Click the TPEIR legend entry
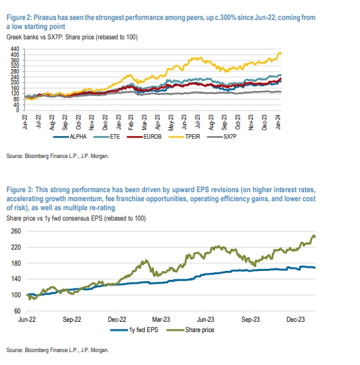[x=184, y=137]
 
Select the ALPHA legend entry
[x=70, y=137]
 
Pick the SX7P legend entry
[x=222, y=137]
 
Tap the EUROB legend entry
[x=144, y=137]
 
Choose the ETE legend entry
[x=107, y=137]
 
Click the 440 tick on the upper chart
[x=15, y=49]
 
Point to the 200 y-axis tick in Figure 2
[x=15, y=83]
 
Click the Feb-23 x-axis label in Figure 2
[x=131, y=123]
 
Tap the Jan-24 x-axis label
[x=278, y=123]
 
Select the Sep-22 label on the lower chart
[x=72, y=319]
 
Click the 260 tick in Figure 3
[x=16, y=231]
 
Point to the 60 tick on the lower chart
[x=17, y=311]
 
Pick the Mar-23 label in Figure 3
[x=161, y=319]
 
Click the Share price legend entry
[x=191, y=330]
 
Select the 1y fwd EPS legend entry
[x=134, y=330]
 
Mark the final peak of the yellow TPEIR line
[x=279, y=52]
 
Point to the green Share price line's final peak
[x=314, y=235]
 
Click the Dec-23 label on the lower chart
[x=296, y=319]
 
